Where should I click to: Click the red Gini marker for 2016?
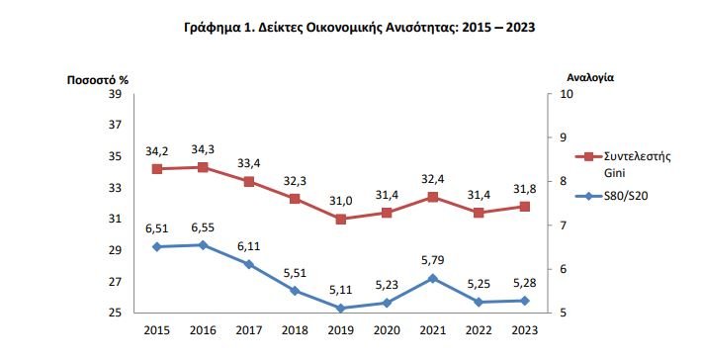(203, 167)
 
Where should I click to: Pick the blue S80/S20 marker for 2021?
(432, 278)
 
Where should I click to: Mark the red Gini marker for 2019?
(340, 219)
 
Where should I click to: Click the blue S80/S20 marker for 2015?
(156, 246)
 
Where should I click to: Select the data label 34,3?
(203, 149)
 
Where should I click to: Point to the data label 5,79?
(432, 260)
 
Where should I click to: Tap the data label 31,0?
(340, 201)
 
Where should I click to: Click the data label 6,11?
(248, 246)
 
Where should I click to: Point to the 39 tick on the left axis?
(114, 94)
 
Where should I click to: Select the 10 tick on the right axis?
(567, 94)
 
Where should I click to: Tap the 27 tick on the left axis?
(114, 282)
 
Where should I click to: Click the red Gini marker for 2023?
(524, 207)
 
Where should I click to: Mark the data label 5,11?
(340, 291)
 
